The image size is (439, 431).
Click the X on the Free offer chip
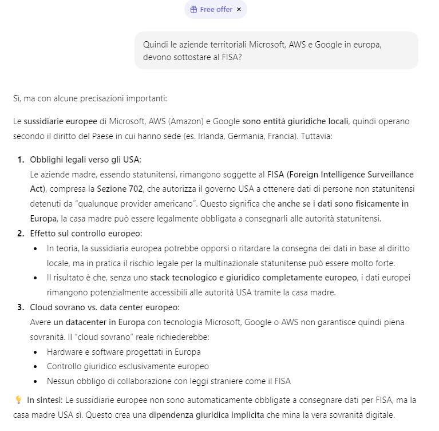(x=239, y=9)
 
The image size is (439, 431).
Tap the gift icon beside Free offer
(x=193, y=9)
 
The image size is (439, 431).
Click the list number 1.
(x=21, y=159)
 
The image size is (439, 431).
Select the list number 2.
(x=21, y=233)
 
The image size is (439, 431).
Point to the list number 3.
(x=21, y=307)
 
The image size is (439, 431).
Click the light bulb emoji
(x=18, y=400)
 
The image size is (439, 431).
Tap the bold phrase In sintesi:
(x=45, y=400)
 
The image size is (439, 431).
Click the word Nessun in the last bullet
(x=60, y=381)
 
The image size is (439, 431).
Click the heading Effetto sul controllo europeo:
(x=86, y=233)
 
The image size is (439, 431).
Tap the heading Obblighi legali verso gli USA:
(x=85, y=159)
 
